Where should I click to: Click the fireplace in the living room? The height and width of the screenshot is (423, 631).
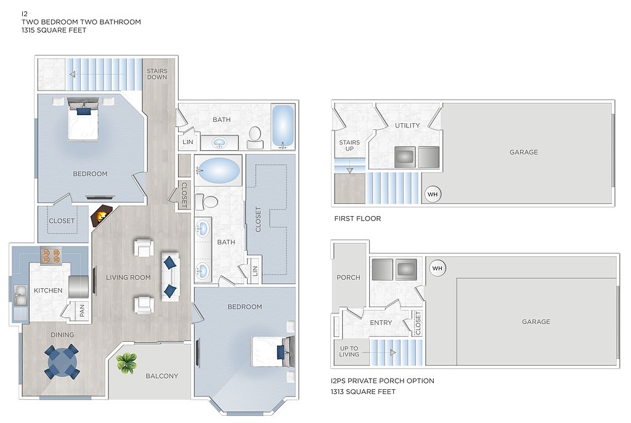click(x=102, y=216)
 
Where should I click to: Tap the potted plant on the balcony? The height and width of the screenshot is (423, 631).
click(x=126, y=363)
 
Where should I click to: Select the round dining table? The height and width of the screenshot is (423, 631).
click(x=62, y=361)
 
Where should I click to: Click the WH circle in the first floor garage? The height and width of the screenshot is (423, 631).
click(x=433, y=195)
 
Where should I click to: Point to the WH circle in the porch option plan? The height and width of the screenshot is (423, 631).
click(x=438, y=268)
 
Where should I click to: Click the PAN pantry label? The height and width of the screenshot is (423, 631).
click(x=82, y=310)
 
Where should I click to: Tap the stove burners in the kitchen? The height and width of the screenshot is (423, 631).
click(x=51, y=256)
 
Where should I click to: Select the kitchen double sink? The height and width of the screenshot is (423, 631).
click(x=20, y=296)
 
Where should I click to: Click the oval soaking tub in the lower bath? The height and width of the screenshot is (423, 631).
click(x=218, y=171)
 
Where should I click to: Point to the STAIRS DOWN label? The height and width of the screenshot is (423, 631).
click(x=157, y=74)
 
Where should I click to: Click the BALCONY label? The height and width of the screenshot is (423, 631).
click(x=162, y=376)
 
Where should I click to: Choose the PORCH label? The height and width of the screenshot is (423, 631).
click(x=349, y=278)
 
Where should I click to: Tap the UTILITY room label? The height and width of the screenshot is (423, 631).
click(x=407, y=126)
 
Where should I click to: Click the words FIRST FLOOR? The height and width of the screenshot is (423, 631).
click(x=358, y=219)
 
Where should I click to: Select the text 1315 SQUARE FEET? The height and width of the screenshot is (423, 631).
click(x=54, y=30)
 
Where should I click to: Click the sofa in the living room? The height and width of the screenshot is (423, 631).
click(x=170, y=276)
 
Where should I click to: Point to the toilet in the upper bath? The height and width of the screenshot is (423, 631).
click(x=254, y=137)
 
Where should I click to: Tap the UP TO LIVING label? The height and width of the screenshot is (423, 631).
click(x=349, y=352)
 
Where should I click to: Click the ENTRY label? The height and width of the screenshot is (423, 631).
click(x=381, y=323)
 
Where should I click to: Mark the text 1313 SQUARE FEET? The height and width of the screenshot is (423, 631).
click(x=363, y=392)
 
